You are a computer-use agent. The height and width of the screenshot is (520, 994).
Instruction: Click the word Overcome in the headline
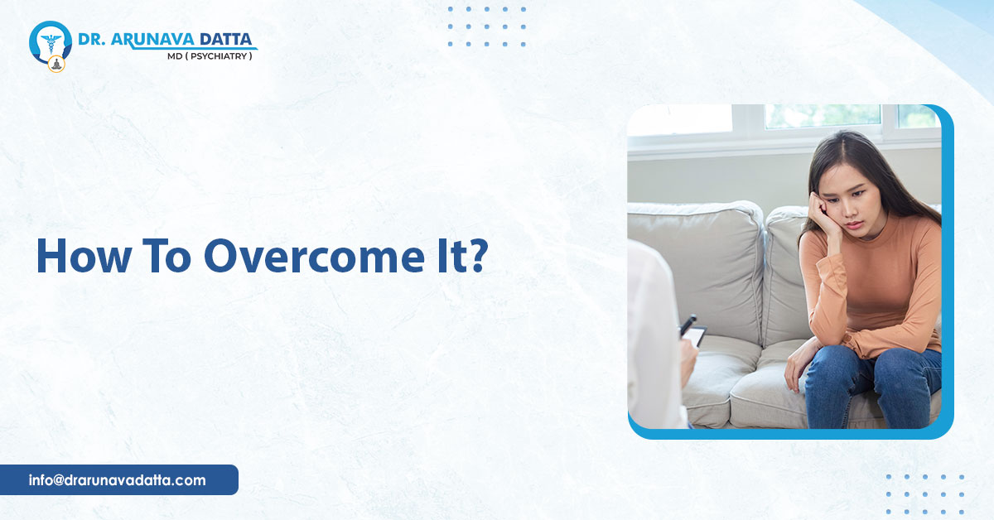pyautogui.click(x=314, y=257)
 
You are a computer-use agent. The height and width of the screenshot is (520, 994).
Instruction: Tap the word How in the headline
pyautogui.click(x=84, y=257)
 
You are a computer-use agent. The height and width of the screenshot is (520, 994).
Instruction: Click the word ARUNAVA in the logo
pyautogui.click(x=152, y=39)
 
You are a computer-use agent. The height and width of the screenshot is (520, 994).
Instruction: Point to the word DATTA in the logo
pyautogui.click(x=225, y=39)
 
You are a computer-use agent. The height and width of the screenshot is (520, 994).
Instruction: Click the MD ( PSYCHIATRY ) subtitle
pyautogui.click(x=210, y=56)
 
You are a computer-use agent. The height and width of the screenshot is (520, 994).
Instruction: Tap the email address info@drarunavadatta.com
pyautogui.click(x=117, y=480)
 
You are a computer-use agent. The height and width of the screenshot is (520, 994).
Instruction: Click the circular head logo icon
pyautogui.click(x=51, y=42)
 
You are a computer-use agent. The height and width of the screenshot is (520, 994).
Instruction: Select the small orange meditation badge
pyautogui.click(x=56, y=65)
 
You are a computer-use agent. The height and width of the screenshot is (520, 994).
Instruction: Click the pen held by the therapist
pyautogui.click(x=688, y=325)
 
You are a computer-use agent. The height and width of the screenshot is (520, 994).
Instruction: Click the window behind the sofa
pyautogui.click(x=784, y=122)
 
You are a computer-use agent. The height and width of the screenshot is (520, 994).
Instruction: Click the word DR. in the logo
pyautogui.click(x=91, y=40)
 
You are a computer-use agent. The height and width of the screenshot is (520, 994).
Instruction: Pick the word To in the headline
pyautogui.click(x=166, y=257)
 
